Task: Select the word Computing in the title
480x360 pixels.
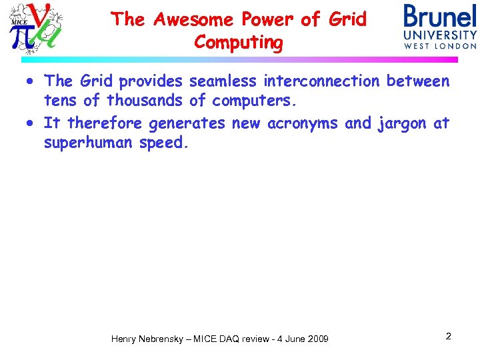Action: [x=239, y=43]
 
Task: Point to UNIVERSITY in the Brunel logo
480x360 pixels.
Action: [x=440, y=35]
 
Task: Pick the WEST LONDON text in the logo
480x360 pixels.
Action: [x=440, y=46]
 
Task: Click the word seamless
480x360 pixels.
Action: [x=223, y=81]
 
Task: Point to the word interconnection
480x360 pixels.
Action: [x=321, y=81]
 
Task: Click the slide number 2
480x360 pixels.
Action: [x=448, y=337]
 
